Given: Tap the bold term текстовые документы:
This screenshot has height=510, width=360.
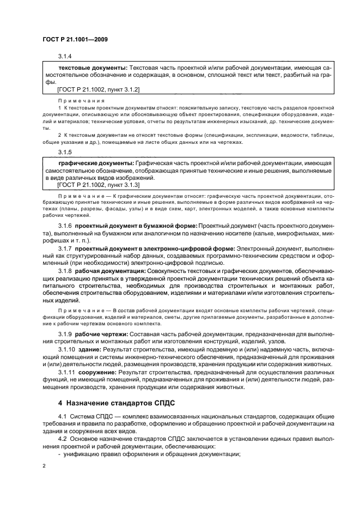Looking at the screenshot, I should point(93,68).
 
